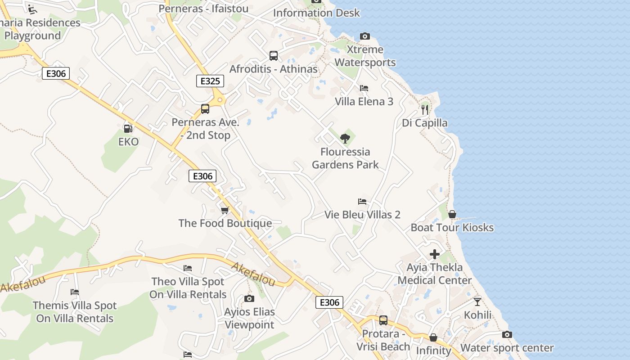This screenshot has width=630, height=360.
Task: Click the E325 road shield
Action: pos(210,81)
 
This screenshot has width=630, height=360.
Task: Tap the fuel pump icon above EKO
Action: pos(128,129)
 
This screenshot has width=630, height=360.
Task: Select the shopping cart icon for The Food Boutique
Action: pos(225,210)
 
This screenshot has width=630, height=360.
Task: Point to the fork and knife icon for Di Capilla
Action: pos(424,109)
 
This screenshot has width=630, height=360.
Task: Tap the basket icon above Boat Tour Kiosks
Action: pos(452,214)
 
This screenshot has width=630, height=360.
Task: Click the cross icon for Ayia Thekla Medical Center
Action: pos(435,254)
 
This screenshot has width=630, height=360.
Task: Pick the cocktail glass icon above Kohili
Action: pos(477,301)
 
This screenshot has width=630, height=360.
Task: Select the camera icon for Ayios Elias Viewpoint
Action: pos(249,298)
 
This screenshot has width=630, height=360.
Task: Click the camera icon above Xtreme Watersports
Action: pos(365,36)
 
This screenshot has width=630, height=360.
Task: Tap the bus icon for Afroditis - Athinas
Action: pos(274,56)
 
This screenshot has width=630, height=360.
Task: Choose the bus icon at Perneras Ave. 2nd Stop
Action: pos(205,109)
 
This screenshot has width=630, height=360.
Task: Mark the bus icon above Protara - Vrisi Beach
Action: pos(383,320)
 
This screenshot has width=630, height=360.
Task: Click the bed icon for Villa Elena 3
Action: pos(364,88)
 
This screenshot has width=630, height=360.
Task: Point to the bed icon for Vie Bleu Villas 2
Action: pos(362,202)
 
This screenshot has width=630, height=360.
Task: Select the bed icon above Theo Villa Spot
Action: pos(188,268)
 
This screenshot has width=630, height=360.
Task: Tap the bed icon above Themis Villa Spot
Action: pos(75,292)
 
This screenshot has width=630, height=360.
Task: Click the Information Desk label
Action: pos(316,13)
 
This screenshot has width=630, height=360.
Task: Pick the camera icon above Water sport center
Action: pos(507,334)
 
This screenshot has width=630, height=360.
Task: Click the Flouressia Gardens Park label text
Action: pos(345,158)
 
